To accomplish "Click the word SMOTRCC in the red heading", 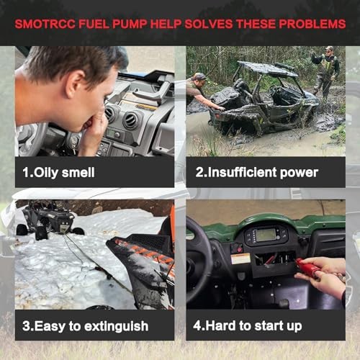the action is [45, 24].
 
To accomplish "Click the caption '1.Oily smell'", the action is [58, 173].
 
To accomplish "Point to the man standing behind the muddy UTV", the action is [326, 72].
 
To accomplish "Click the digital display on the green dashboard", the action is [266, 235].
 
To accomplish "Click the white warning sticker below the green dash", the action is [240, 258].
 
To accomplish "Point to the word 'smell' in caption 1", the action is [78, 173].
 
